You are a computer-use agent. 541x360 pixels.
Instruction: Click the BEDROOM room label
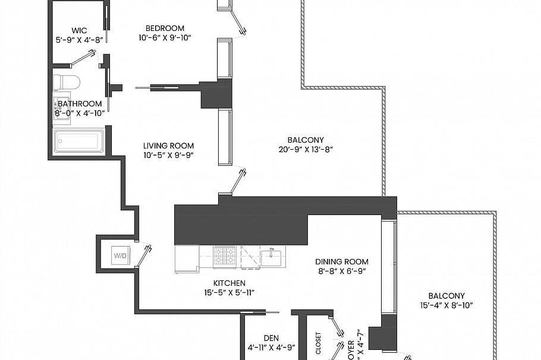[165, 28]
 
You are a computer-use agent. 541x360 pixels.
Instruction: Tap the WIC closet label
[79, 30]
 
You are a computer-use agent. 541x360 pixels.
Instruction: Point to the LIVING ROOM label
[168, 146]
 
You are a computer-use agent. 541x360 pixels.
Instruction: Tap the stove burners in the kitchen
[225, 257]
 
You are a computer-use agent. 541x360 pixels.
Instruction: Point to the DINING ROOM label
[341, 261]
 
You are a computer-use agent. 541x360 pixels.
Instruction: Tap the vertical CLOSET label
[319, 343]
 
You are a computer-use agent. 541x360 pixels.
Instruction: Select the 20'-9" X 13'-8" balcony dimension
[306, 150]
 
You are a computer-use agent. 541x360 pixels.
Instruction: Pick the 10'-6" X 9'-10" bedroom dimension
[165, 37]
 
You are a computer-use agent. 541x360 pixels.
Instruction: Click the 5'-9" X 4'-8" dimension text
[79, 40]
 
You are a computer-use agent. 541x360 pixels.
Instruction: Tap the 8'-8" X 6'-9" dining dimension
[341, 271]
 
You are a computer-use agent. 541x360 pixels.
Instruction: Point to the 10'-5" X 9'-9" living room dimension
[168, 155]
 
